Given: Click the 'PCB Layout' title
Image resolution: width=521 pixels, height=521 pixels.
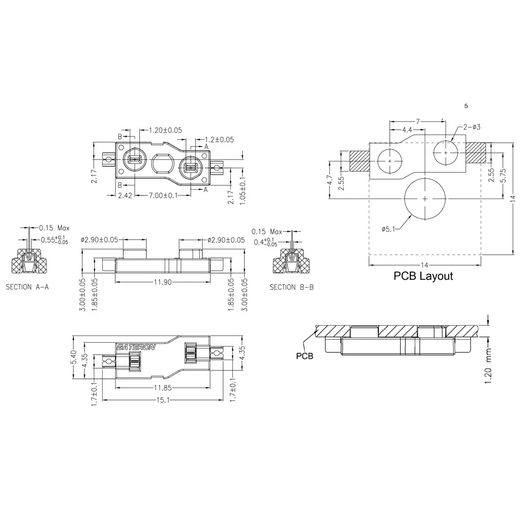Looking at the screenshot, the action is point(423,276).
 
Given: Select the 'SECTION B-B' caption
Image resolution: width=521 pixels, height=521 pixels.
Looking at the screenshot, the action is point(291,287).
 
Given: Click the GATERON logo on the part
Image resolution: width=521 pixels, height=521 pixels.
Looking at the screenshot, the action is point(135,348).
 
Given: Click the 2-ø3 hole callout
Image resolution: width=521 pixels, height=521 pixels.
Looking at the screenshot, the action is point(471,127).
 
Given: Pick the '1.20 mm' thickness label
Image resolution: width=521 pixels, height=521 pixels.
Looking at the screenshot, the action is point(488,370).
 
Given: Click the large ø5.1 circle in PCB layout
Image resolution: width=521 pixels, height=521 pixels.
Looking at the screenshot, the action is point(426,199).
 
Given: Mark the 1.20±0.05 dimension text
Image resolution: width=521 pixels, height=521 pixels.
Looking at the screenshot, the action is point(166,130).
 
